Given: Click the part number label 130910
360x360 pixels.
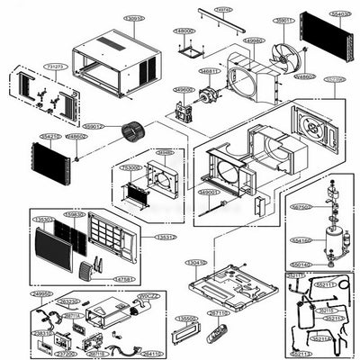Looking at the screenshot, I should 134,18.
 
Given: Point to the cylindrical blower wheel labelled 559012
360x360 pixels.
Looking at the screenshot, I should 133,135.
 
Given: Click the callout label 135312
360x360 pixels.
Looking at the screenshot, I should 164,238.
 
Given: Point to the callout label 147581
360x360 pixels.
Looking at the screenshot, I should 125,280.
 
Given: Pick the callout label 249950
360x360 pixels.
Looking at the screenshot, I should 41,293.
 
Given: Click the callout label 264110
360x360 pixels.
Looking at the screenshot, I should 151,354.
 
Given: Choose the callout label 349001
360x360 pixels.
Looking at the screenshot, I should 208,193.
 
